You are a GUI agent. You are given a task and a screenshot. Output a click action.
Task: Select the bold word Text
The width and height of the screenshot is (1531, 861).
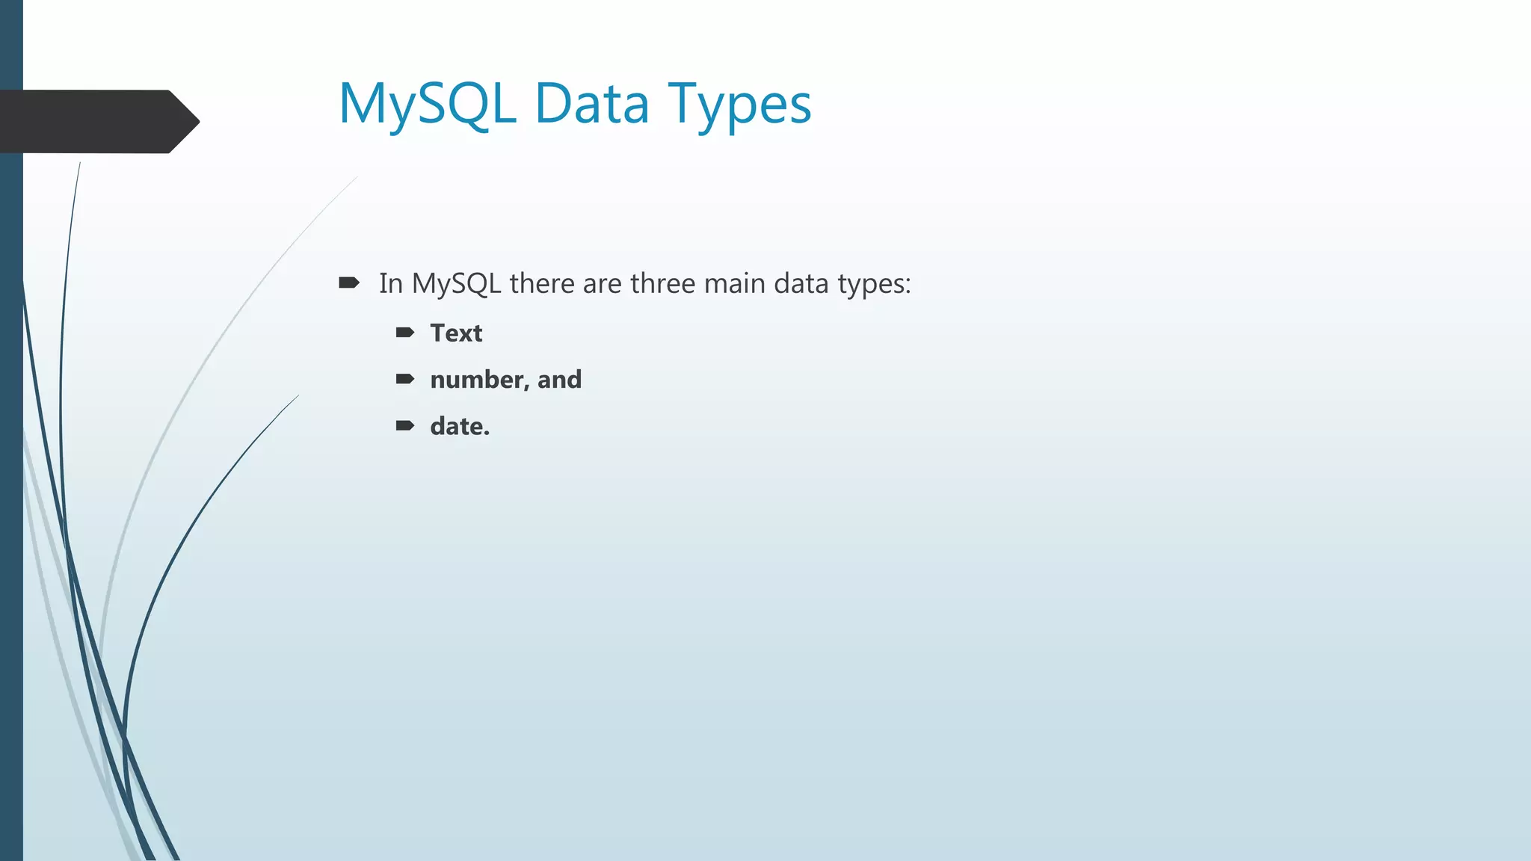(x=456, y=333)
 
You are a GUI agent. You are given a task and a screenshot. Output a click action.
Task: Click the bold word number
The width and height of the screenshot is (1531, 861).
(x=478, y=380)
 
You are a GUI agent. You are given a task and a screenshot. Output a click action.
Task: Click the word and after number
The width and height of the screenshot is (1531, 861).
(x=559, y=380)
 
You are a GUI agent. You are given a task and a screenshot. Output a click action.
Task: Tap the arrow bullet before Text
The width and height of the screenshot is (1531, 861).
(x=405, y=333)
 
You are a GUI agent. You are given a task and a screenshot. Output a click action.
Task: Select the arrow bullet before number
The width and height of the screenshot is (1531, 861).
(x=405, y=379)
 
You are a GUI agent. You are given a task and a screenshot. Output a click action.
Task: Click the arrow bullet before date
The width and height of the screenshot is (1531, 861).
(x=405, y=425)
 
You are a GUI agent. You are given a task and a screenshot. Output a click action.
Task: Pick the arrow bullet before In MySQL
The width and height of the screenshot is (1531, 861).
(x=349, y=283)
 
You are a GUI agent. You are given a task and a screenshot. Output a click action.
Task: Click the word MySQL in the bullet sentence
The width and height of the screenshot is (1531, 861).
(x=456, y=284)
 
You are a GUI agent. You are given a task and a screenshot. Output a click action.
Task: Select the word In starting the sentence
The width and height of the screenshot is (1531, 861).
(x=390, y=284)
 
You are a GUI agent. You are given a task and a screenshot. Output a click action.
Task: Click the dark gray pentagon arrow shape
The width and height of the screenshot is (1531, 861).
(x=97, y=121)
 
